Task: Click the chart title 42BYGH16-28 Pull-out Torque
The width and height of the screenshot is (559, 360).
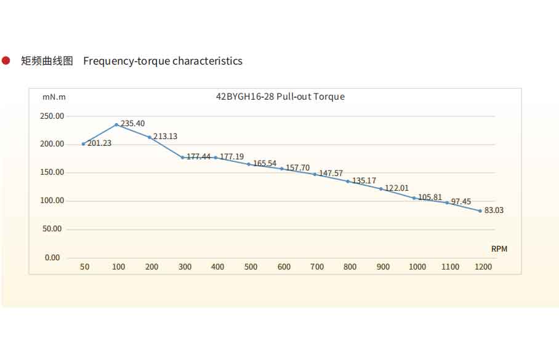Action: click(280, 97)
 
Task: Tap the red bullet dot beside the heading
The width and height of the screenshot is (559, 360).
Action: click(6, 60)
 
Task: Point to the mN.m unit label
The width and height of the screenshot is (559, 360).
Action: click(54, 97)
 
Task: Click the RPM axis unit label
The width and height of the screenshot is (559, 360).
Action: click(499, 249)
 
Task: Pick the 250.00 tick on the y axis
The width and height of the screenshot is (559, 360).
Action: click(52, 116)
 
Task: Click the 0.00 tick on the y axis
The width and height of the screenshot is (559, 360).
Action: click(52, 257)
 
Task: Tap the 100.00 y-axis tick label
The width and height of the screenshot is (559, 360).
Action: click(52, 201)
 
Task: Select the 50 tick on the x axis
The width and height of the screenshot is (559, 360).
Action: click(85, 267)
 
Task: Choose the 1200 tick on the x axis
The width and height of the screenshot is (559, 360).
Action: click(483, 267)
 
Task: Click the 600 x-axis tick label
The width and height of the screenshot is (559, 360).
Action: click(284, 267)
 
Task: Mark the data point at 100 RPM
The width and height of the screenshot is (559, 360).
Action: click(116, 124)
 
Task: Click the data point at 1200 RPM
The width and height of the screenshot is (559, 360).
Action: click(480, 210)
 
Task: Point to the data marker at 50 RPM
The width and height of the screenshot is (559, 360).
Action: click(83, 144)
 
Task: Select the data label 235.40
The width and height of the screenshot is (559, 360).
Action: click(132, 124)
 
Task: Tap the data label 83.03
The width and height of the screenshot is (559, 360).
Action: click(494, 210)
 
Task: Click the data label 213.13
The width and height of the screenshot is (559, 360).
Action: click(165, 137)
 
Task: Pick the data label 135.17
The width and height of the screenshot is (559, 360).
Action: click(364, 181)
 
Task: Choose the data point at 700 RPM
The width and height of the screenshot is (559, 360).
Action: click(315, 174)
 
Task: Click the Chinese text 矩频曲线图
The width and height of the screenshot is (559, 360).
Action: click(47, 61)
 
